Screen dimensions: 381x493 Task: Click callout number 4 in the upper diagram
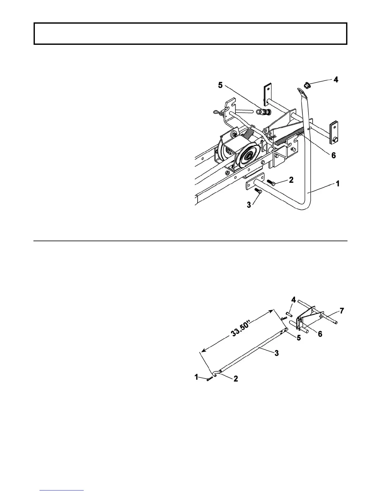pos(336,80)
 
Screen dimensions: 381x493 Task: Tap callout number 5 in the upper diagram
pos(220,85)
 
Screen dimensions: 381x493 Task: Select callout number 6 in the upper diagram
pos(333,155)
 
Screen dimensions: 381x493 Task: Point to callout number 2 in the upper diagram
pos(291,180)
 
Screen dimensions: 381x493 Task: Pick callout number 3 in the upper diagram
pos(249,206)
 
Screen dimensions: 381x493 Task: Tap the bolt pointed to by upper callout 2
pos(270,183)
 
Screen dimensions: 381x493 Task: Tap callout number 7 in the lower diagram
pos(342,311)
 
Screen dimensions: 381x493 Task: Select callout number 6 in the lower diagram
pos(320,334)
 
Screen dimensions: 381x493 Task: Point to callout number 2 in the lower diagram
pos(236,379)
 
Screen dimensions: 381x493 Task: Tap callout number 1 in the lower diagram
pos(196,377)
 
